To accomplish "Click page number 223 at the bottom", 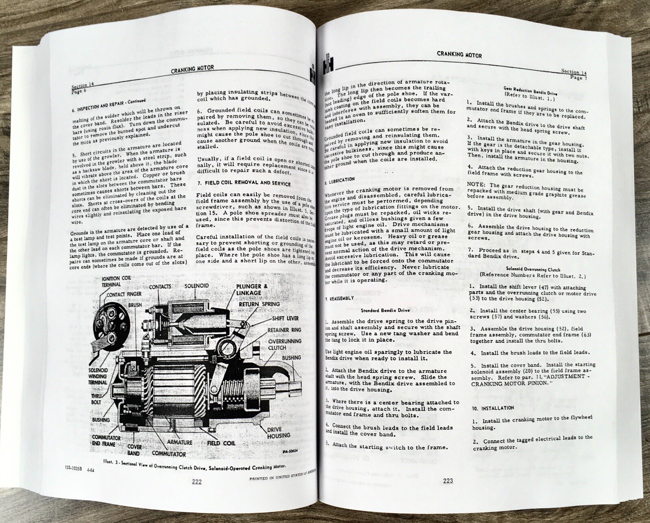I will (448, 481).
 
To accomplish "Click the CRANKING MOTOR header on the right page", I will (459, 54).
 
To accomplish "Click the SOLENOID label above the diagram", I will (197, 286).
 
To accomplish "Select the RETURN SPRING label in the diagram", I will (259, 304).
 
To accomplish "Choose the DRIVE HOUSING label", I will (278, 432).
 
